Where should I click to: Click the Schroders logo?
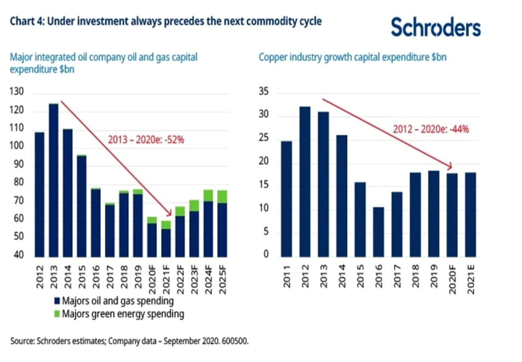click(x=435, y=27)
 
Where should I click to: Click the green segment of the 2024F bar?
click(x=208, y=196)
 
